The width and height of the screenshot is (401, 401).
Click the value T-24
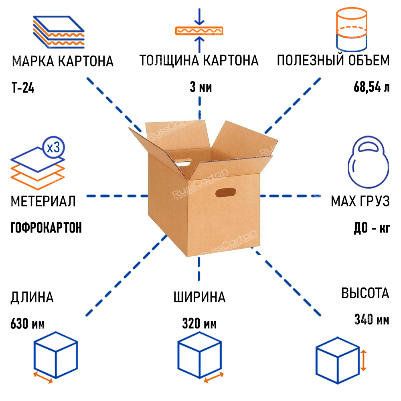click(x=23, y=87)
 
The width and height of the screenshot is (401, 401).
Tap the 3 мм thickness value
click(x=200, y=87)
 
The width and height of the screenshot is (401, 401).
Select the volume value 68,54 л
click(x=371, y=87)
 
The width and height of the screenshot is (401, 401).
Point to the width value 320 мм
click(x=199, y=323)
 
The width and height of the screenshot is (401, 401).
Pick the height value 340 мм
click(x=371, y=320)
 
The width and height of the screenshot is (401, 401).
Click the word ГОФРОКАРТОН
click(x=46, y=228)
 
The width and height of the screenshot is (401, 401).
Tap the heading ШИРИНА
click(x=199, y=297)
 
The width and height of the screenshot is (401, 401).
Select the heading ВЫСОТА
click(x=365, y=293)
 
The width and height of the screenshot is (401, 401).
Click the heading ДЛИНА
click(x=32, y=297)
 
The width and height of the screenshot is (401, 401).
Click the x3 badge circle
click(x=53, y=148)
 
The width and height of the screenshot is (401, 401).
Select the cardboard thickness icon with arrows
click(x=199, y=30)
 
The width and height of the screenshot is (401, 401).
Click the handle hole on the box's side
click(x=225, y=193)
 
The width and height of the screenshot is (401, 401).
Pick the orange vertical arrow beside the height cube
click(x=363, y=359)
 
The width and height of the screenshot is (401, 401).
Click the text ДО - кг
click(x=372, y=228)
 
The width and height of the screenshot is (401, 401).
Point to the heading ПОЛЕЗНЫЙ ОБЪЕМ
click(x=333, y=61)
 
